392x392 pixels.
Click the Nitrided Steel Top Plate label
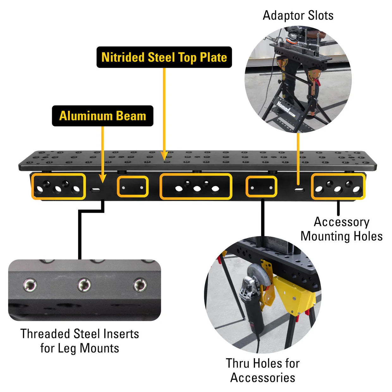point(164,57)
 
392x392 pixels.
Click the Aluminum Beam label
point(102,116)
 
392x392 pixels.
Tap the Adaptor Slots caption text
point(298,15)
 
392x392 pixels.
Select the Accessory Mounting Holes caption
point(341,229)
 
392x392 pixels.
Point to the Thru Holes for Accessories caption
point(263,370)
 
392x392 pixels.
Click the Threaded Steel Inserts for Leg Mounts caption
point(80,341)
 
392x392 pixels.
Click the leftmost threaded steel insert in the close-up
point(30,285)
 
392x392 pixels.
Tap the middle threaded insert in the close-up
point(84,285)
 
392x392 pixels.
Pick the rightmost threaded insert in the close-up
point(140,285)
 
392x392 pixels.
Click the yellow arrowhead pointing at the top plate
point(164,156)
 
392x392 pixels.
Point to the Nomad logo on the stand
point(283,107)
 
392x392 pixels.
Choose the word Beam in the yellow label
point(131,116)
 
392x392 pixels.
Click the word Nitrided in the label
point(123,57)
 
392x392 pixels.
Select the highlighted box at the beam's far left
point(58,187)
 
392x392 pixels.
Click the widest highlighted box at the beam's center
point(196,187)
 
